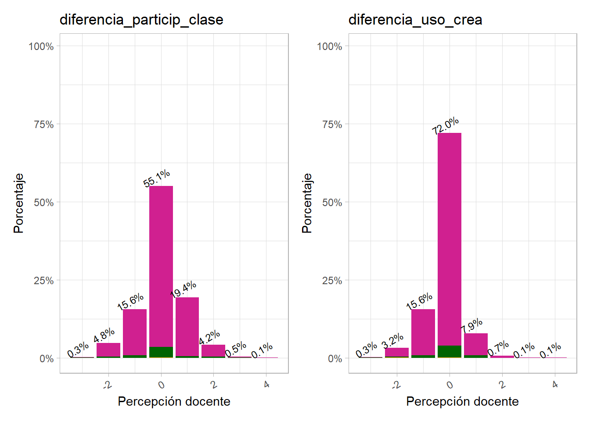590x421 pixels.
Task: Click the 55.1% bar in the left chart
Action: (161, 263)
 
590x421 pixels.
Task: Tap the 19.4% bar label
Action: (183, 289)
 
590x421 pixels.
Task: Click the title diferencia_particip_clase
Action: (141, 20)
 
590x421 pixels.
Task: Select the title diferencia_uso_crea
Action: (415, 20)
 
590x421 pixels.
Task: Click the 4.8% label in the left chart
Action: (104, 335)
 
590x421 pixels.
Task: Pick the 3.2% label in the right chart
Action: (392, 340)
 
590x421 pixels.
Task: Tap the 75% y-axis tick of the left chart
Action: (44, 125)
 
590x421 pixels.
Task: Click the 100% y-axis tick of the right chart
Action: (330, 46)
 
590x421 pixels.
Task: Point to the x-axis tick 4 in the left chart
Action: (266, 385)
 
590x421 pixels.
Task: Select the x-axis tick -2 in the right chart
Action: (396, 385)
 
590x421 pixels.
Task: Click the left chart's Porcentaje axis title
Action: (18, 203)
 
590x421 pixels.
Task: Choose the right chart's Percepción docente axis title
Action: (462, 401)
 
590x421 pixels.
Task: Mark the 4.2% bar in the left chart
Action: (213, 351)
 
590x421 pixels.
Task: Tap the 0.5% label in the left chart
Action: (236, 350)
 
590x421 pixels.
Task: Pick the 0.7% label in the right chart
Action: (498, 348)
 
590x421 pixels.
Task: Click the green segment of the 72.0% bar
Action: (450, 352)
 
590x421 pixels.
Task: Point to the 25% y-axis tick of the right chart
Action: (332, 281)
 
